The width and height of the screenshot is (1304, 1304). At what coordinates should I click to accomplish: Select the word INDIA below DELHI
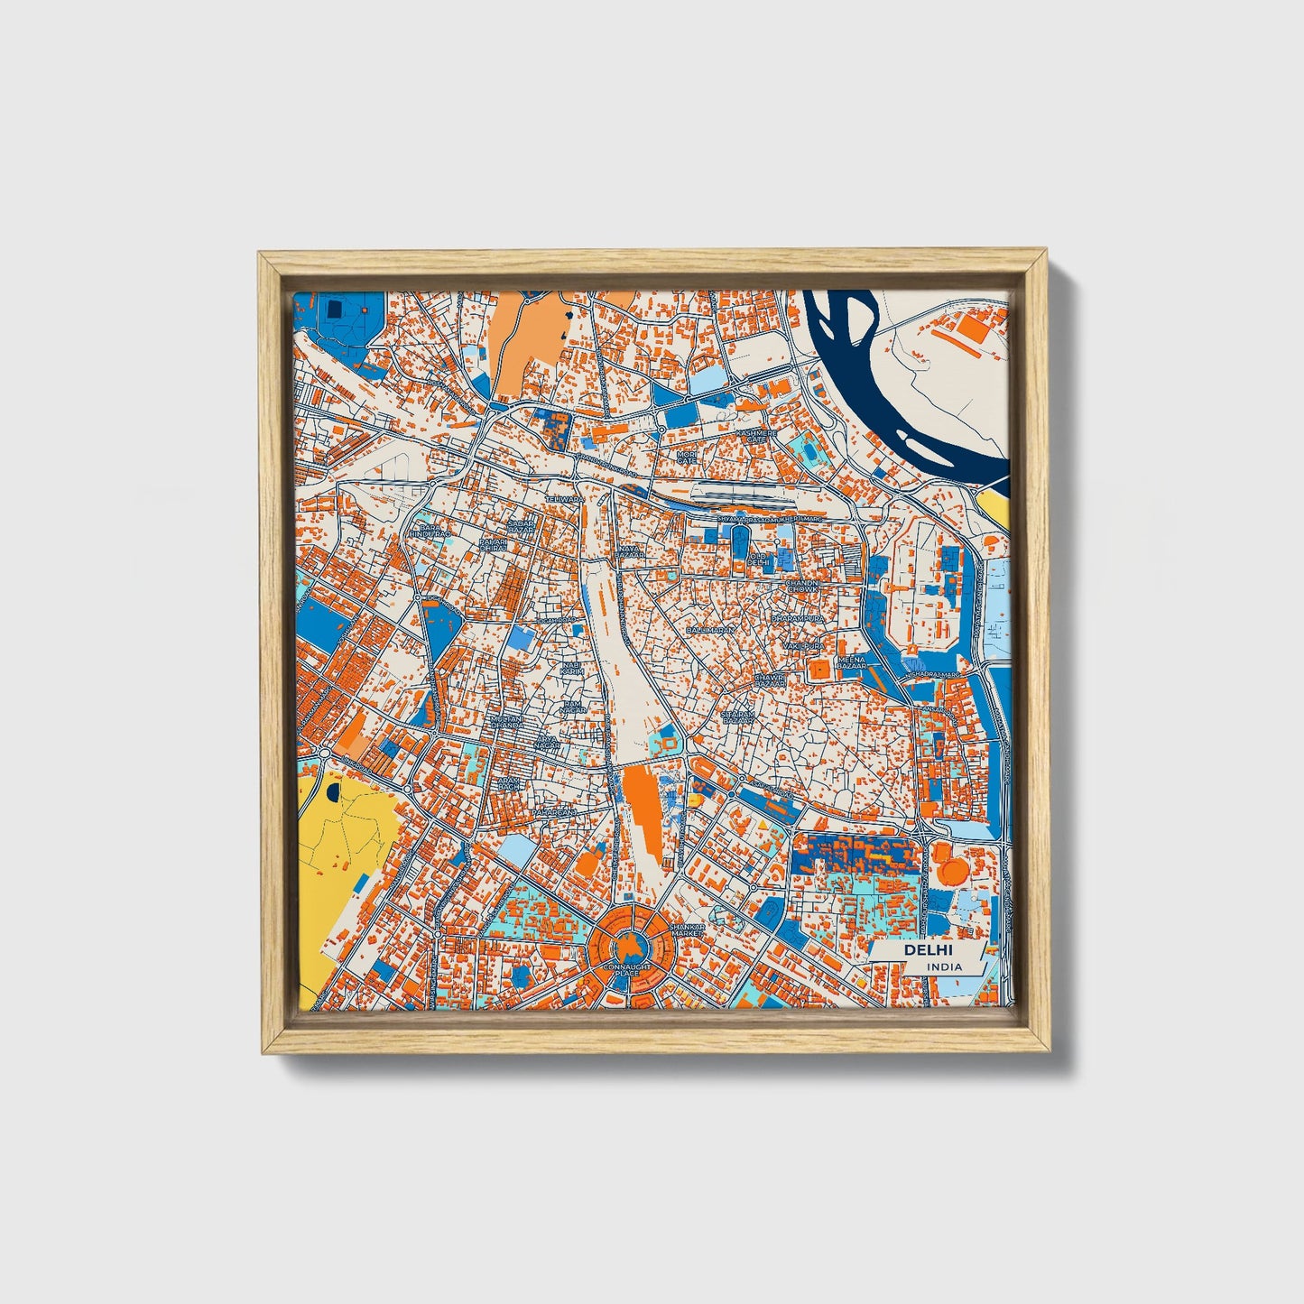point(944,966)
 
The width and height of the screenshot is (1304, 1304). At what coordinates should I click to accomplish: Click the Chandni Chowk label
point(802,587)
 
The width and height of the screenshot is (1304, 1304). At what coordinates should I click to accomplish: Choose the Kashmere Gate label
point(756,436)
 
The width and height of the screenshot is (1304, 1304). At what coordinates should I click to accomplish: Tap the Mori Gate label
point(688,457)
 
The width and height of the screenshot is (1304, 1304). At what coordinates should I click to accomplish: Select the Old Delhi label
point(758,560)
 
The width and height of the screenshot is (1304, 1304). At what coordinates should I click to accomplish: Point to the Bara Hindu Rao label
point(428,531)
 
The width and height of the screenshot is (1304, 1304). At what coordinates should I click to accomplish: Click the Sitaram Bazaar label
point(737,717)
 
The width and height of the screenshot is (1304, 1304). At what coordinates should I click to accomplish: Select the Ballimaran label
point(710,629)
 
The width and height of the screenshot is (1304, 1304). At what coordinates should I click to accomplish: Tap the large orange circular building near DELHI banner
point(951,869)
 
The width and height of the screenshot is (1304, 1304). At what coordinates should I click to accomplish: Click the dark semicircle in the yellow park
point(335,792)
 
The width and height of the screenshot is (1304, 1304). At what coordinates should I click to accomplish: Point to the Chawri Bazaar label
point(770,680)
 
